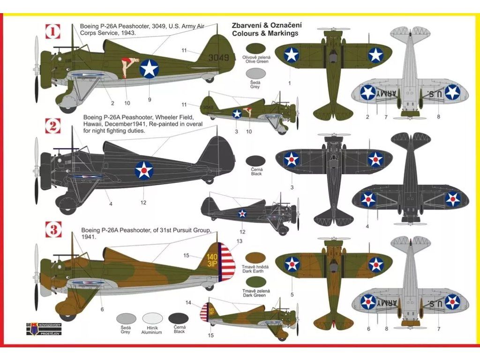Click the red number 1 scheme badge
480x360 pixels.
click(x=53, y=31)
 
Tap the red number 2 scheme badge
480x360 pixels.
click(x=53, y=125)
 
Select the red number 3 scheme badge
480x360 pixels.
click(x=53, y=230)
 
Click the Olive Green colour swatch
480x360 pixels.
click(x=256, y=49)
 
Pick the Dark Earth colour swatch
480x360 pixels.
click(x=256, y=258)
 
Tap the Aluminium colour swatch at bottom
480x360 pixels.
click(x=151, y=319)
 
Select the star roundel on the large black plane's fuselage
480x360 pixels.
click(x=144, y=170)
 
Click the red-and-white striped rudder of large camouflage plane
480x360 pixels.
click(x=227, y=263)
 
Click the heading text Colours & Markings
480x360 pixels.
click(x=265, y=33)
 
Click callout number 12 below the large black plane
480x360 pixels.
click(x=143, y=202)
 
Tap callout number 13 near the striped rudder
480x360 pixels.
click(x=240, y=241)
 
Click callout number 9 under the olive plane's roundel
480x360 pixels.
click(x=149, y=99)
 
